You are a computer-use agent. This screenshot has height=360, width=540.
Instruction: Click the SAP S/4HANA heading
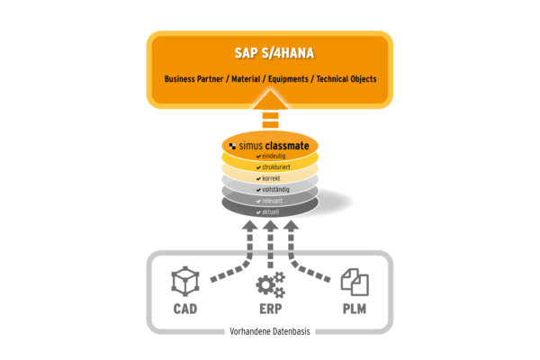click(x=270, y=53)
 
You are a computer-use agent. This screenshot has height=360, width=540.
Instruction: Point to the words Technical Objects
click(x=345, y=79)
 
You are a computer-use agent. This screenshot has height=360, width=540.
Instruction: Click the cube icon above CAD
click(x=185, y=284)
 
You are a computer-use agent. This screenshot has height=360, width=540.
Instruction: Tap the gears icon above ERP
click(x=269, y=284)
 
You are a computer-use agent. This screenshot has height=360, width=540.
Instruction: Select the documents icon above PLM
click(x=354, y=284)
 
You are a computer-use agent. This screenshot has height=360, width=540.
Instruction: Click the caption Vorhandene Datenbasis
click(x=270, y=334)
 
